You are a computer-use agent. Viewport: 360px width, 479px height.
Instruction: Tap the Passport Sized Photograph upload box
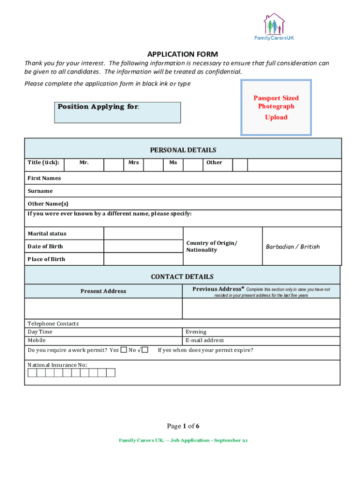click(x=276, y=108)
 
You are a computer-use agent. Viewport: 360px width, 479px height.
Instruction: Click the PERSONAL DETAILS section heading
click(x=183, y=150)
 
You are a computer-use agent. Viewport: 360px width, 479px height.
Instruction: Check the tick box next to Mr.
click(x=113, y=164)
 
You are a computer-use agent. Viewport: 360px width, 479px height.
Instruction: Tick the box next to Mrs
click(x=153, y=164)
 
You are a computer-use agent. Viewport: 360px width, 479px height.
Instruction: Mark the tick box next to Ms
click(x=192, y=164)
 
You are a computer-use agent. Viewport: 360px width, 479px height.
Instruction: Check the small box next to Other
click(x=240, y=164)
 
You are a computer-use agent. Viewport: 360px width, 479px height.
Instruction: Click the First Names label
click(x=44, y=178)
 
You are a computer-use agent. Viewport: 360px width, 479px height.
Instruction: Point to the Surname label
click(x=40, y=191)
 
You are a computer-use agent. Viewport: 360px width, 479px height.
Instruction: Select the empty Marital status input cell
click(x=143, y=234)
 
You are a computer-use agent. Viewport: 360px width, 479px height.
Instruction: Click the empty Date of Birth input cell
click(x=143, y=247)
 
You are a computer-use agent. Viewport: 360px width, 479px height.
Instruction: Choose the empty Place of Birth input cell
click(x=143, y=259)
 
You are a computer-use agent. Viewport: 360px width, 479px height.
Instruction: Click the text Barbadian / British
click(x=293, y=247)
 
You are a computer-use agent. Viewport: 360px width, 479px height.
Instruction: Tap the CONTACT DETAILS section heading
click(x=182, y=277)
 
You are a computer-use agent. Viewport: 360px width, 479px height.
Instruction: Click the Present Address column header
click(x=103, y=291)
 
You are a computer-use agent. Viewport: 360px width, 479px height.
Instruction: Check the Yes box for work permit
click(x=123, y=350)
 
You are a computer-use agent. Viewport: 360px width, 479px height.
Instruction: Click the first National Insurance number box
click(x=32, y=373)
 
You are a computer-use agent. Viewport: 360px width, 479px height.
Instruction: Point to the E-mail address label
click(x=205, y=341)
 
